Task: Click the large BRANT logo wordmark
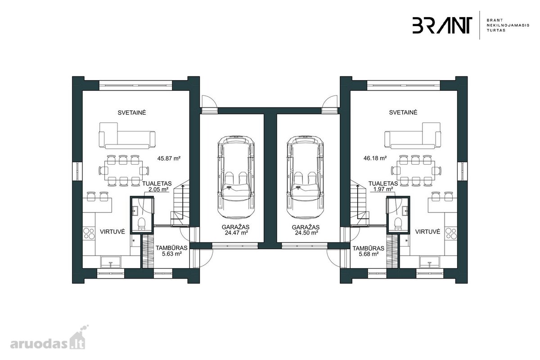point(442,25)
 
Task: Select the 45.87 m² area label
point(169,158)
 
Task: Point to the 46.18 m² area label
point(375,158)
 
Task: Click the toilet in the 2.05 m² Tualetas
point(141,224)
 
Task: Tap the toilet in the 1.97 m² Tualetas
point(398,224)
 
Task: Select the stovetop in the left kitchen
point(89,233)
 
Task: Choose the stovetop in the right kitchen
point(451,233)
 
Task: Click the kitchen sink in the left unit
point(111,261)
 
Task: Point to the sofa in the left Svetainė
point(127,135)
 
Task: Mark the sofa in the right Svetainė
point(413,135)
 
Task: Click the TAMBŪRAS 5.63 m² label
point(171,251)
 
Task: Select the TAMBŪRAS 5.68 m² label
point(369,251)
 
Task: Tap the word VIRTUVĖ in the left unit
point(112,232)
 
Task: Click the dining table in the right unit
point(416,171)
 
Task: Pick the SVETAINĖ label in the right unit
point(403,112)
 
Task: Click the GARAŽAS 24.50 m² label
point(306,230)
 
